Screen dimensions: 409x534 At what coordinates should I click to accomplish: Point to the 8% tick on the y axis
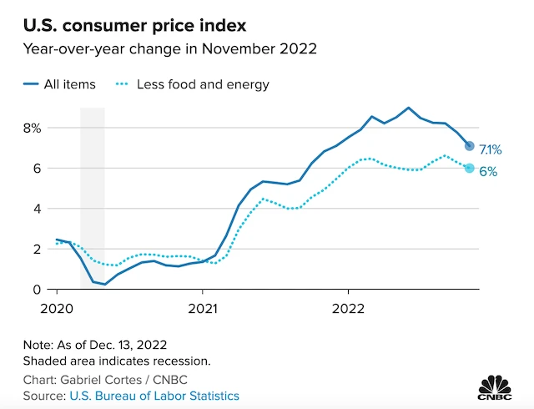(32, 129)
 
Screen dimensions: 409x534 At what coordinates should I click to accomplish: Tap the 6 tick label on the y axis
(37, 169)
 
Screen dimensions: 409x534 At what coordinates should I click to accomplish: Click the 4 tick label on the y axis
(37, 209)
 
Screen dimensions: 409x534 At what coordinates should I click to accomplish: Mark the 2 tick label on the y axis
(37, 249)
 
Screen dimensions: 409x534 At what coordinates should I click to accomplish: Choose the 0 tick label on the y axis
(37, 289)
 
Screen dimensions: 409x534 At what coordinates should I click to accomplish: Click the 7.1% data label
(491, 150)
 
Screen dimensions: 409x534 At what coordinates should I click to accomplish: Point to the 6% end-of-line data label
(488, 172)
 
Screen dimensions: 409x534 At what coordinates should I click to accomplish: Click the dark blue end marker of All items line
(469, 146)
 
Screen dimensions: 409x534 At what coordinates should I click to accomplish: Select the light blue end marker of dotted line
(469, 168)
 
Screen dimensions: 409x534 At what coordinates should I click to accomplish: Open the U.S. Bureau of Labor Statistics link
(154, 396)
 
